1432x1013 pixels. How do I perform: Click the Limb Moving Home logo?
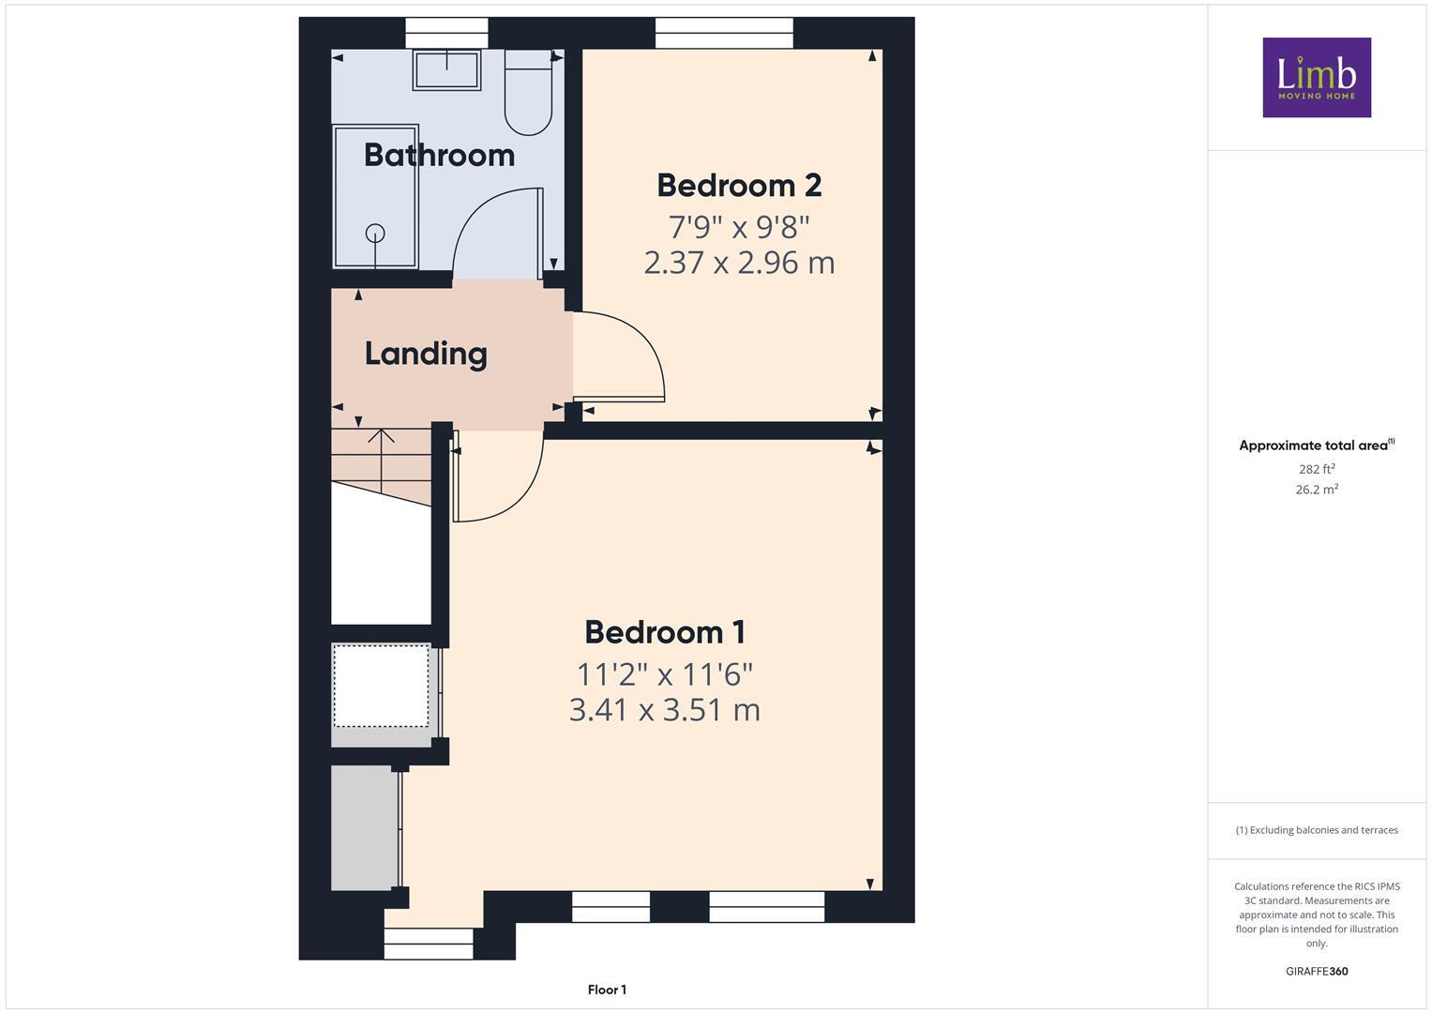click(x=1316, y=77)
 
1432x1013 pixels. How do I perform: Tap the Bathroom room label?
click(x=439, y=155)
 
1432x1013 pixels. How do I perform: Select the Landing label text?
click(x=426, y=354)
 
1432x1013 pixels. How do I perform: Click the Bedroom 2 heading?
click(x=739, y=186)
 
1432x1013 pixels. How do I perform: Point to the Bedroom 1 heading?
click(x=664, y=632)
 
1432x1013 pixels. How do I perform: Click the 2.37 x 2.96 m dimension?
click(x=739, y=263)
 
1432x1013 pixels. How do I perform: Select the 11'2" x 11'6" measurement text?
click(x=664, y=673)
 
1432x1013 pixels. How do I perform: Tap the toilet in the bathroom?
click(x=529, y=94)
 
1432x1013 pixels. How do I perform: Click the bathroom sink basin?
click(x=446, y=69)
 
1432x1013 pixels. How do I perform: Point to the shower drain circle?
click(x=375, y=233)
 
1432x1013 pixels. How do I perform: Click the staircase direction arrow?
click(x=381, y=441)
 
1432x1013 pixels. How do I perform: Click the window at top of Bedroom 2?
click(x=724, y=33)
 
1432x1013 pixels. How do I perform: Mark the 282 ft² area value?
click(x=1316, y=469)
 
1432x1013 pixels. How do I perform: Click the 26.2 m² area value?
click(x=1316, y=490)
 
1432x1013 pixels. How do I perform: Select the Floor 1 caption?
click(x=607, y=990)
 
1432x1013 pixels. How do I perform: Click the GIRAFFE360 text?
click(x=1316, y=971)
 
